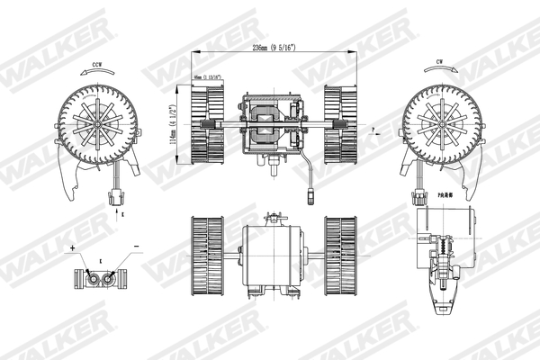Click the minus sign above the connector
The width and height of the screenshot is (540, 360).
(x=135, y=246)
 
